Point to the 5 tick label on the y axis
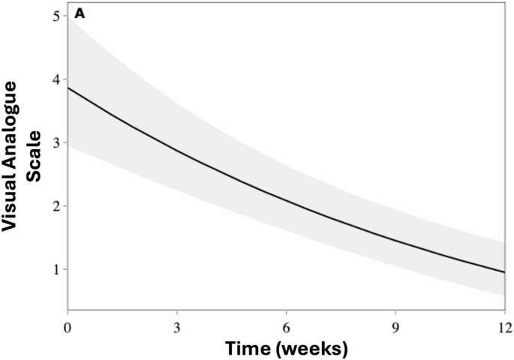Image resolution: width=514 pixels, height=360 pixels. click(x=56, y=16)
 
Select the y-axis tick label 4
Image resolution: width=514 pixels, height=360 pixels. click(x=56, y=79)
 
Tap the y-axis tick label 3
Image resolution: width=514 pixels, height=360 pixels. click(x=56, y=142)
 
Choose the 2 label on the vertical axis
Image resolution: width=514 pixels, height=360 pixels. click(x=56, y=205)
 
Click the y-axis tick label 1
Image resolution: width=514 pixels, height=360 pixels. click(x=56, y=268)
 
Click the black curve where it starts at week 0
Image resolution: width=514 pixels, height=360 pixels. click(x=68, y=88)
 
